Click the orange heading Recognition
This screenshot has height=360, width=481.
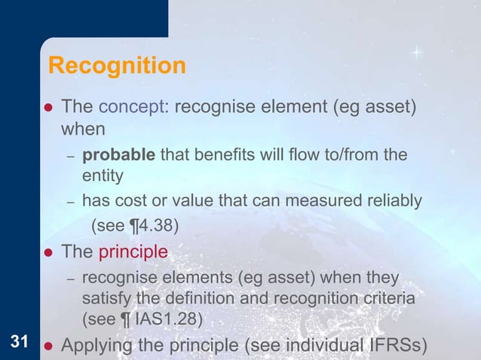pos(117,66)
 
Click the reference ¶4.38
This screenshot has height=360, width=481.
pos(149,224)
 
